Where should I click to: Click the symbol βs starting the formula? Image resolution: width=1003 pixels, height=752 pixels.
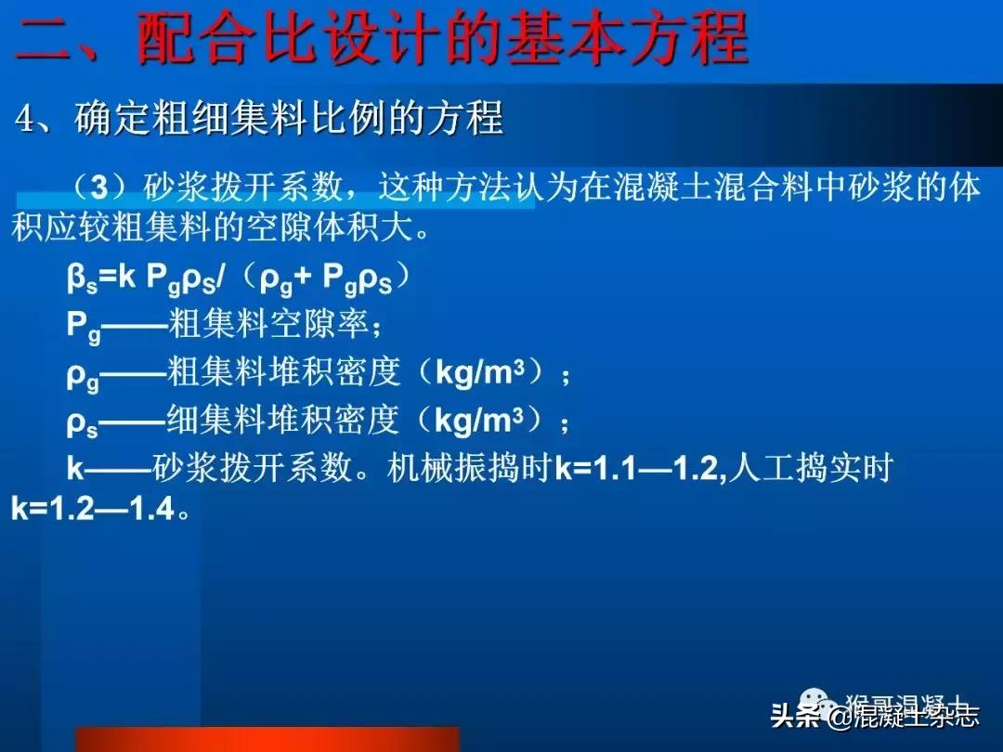(80, 279)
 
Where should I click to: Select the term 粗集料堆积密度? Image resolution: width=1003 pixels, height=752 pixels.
(284, 373)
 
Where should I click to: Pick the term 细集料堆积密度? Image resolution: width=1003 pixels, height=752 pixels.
(282, 421)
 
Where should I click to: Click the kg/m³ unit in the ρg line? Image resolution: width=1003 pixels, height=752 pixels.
(484, 373)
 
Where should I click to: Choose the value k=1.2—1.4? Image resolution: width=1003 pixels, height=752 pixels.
(93, 510)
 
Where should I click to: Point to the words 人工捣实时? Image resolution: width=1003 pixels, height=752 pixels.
(810, 469)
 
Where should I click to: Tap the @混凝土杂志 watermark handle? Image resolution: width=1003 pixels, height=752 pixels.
(904, 716)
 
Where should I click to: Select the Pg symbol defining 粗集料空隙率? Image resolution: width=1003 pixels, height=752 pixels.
(80, 326)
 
